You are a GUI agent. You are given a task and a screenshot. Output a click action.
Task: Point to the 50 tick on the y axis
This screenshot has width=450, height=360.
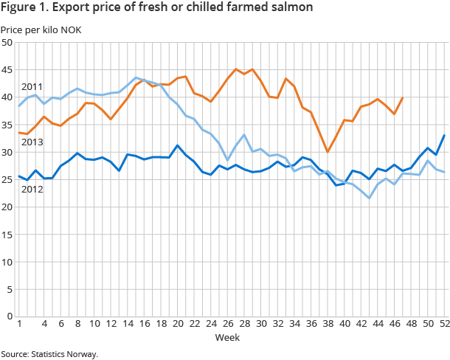click(7, 43)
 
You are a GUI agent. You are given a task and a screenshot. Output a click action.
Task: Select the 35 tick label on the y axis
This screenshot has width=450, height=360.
click(7, 125)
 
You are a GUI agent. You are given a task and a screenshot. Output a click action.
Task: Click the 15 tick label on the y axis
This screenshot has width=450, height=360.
click(7, 234)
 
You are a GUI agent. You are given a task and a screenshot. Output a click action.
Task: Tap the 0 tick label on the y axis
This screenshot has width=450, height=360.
click(9, 316)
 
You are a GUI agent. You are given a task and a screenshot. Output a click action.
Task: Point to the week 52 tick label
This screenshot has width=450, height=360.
click(445, 324)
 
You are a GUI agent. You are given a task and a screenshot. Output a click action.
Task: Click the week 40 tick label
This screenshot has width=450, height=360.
click(345, 324)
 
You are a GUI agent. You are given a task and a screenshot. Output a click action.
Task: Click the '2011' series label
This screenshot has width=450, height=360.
click(32, 87)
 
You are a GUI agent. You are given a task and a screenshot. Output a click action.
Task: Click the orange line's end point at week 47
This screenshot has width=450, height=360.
click(403, 98)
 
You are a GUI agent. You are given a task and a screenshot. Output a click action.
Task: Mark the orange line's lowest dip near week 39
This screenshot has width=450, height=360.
click(328, 152)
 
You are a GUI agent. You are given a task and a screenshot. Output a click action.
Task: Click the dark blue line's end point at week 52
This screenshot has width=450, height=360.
click(444, 135)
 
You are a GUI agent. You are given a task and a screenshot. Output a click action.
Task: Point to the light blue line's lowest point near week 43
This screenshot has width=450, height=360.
click(370, 198)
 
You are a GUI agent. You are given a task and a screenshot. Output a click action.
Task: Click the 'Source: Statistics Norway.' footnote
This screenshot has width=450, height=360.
click(49, 353)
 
